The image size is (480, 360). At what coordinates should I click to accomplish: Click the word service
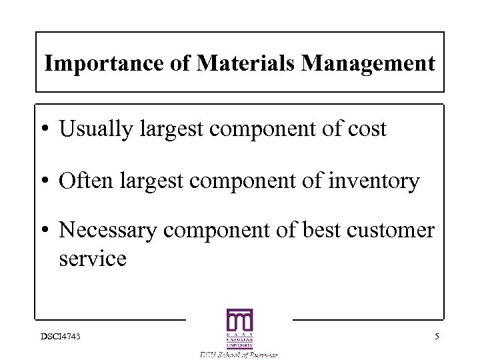click(x=93, y=258)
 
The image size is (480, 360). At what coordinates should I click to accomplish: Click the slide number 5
click(x=437, y=337)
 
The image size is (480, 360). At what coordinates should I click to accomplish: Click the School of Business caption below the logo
click(x=239, y=355)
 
